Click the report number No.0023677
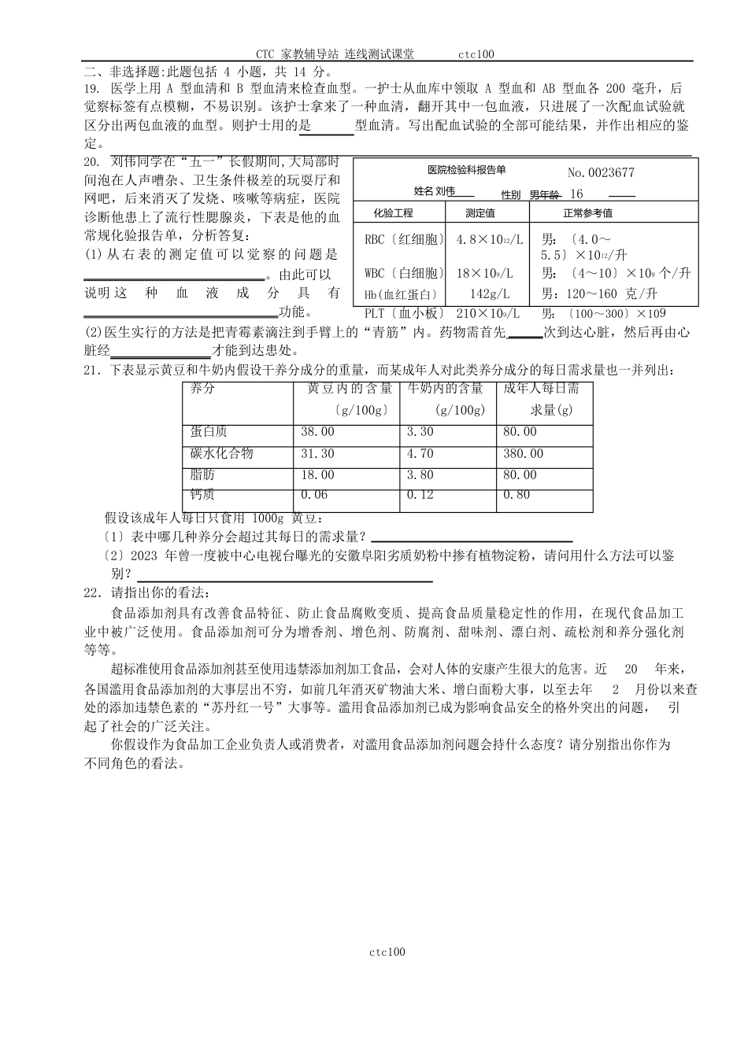pos(600,173)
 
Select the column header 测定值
pos(480,213)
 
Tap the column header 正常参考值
pos(587,213)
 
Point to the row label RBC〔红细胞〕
pos(405,239)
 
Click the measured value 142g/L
pos(485,294)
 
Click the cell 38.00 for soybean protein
pos(317,432)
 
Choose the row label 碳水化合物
pos(221,454)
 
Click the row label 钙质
pos(202,495)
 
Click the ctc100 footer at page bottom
pos(387,953)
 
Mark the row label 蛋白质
pos(209,432)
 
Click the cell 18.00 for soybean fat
pos(317,475)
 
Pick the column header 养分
pos(202,389)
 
